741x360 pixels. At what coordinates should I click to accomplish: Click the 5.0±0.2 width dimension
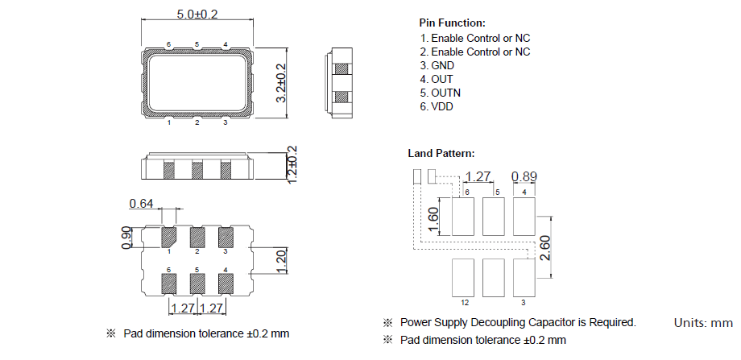pos(197,14)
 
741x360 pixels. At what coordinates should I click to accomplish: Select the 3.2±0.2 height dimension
pos(281,83)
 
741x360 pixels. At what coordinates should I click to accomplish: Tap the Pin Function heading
pos(452,23)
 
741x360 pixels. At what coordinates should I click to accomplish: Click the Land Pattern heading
pos(441,153)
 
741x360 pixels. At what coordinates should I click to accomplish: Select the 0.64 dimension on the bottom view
pos(141,204)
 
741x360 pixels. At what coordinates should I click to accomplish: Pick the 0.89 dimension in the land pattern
pos(525,176)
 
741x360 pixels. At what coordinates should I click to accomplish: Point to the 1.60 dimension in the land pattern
pos(433,218)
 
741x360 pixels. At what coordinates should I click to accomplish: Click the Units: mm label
pos(702,323)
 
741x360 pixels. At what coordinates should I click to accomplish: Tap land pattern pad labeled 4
pos(525,216)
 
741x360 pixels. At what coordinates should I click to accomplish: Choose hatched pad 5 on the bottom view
pos(197,283)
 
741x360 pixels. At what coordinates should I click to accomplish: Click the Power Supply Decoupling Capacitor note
pos(517,322)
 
